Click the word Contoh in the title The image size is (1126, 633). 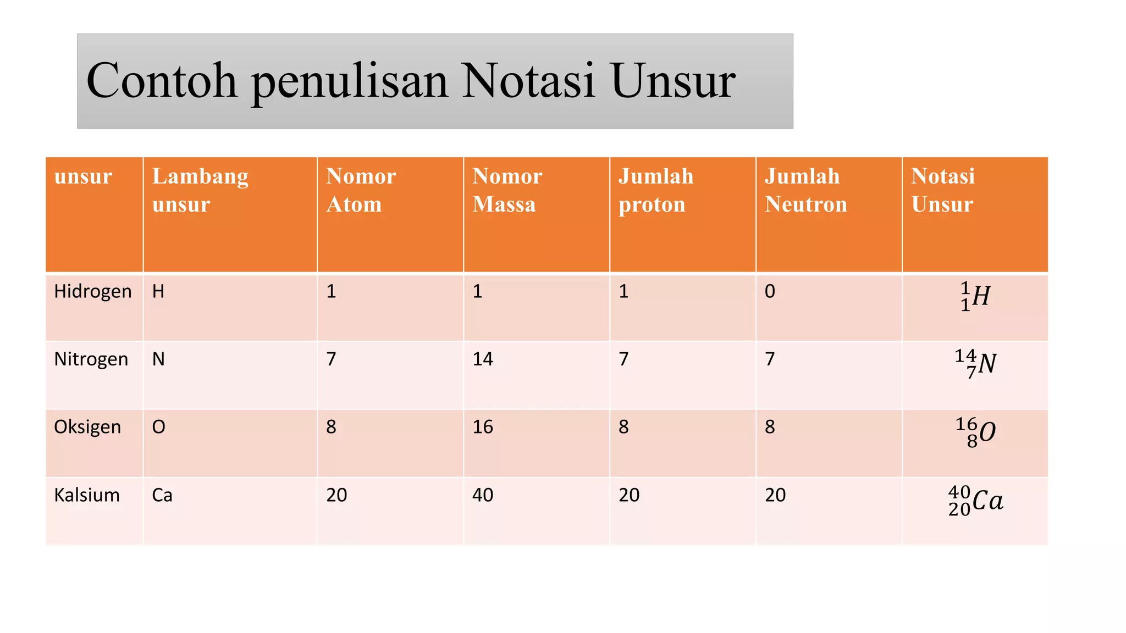point(162,81)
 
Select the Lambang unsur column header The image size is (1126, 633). point(200,190)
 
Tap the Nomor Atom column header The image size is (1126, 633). point(361,190)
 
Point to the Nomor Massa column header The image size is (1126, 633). point(507,190)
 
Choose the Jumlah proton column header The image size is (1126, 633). point(655,190)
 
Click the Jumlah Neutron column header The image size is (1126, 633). point(805,190)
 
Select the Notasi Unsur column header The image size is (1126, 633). point(943,190)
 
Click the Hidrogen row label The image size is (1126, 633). point(92,292)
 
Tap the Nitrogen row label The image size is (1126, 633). point(91,359)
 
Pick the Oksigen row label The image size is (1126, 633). point(87,427)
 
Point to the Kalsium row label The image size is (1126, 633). point(87,495)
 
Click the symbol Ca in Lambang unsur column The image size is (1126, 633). point(162,495)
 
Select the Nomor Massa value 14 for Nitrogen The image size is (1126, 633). point(483,359)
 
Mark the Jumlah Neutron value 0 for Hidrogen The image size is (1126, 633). point(770,291)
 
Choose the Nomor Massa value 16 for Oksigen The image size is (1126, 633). point(483,427)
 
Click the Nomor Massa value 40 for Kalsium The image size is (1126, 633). point(483,495)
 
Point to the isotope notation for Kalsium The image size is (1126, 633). point(975,501)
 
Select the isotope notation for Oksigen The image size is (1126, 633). point(975,432)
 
